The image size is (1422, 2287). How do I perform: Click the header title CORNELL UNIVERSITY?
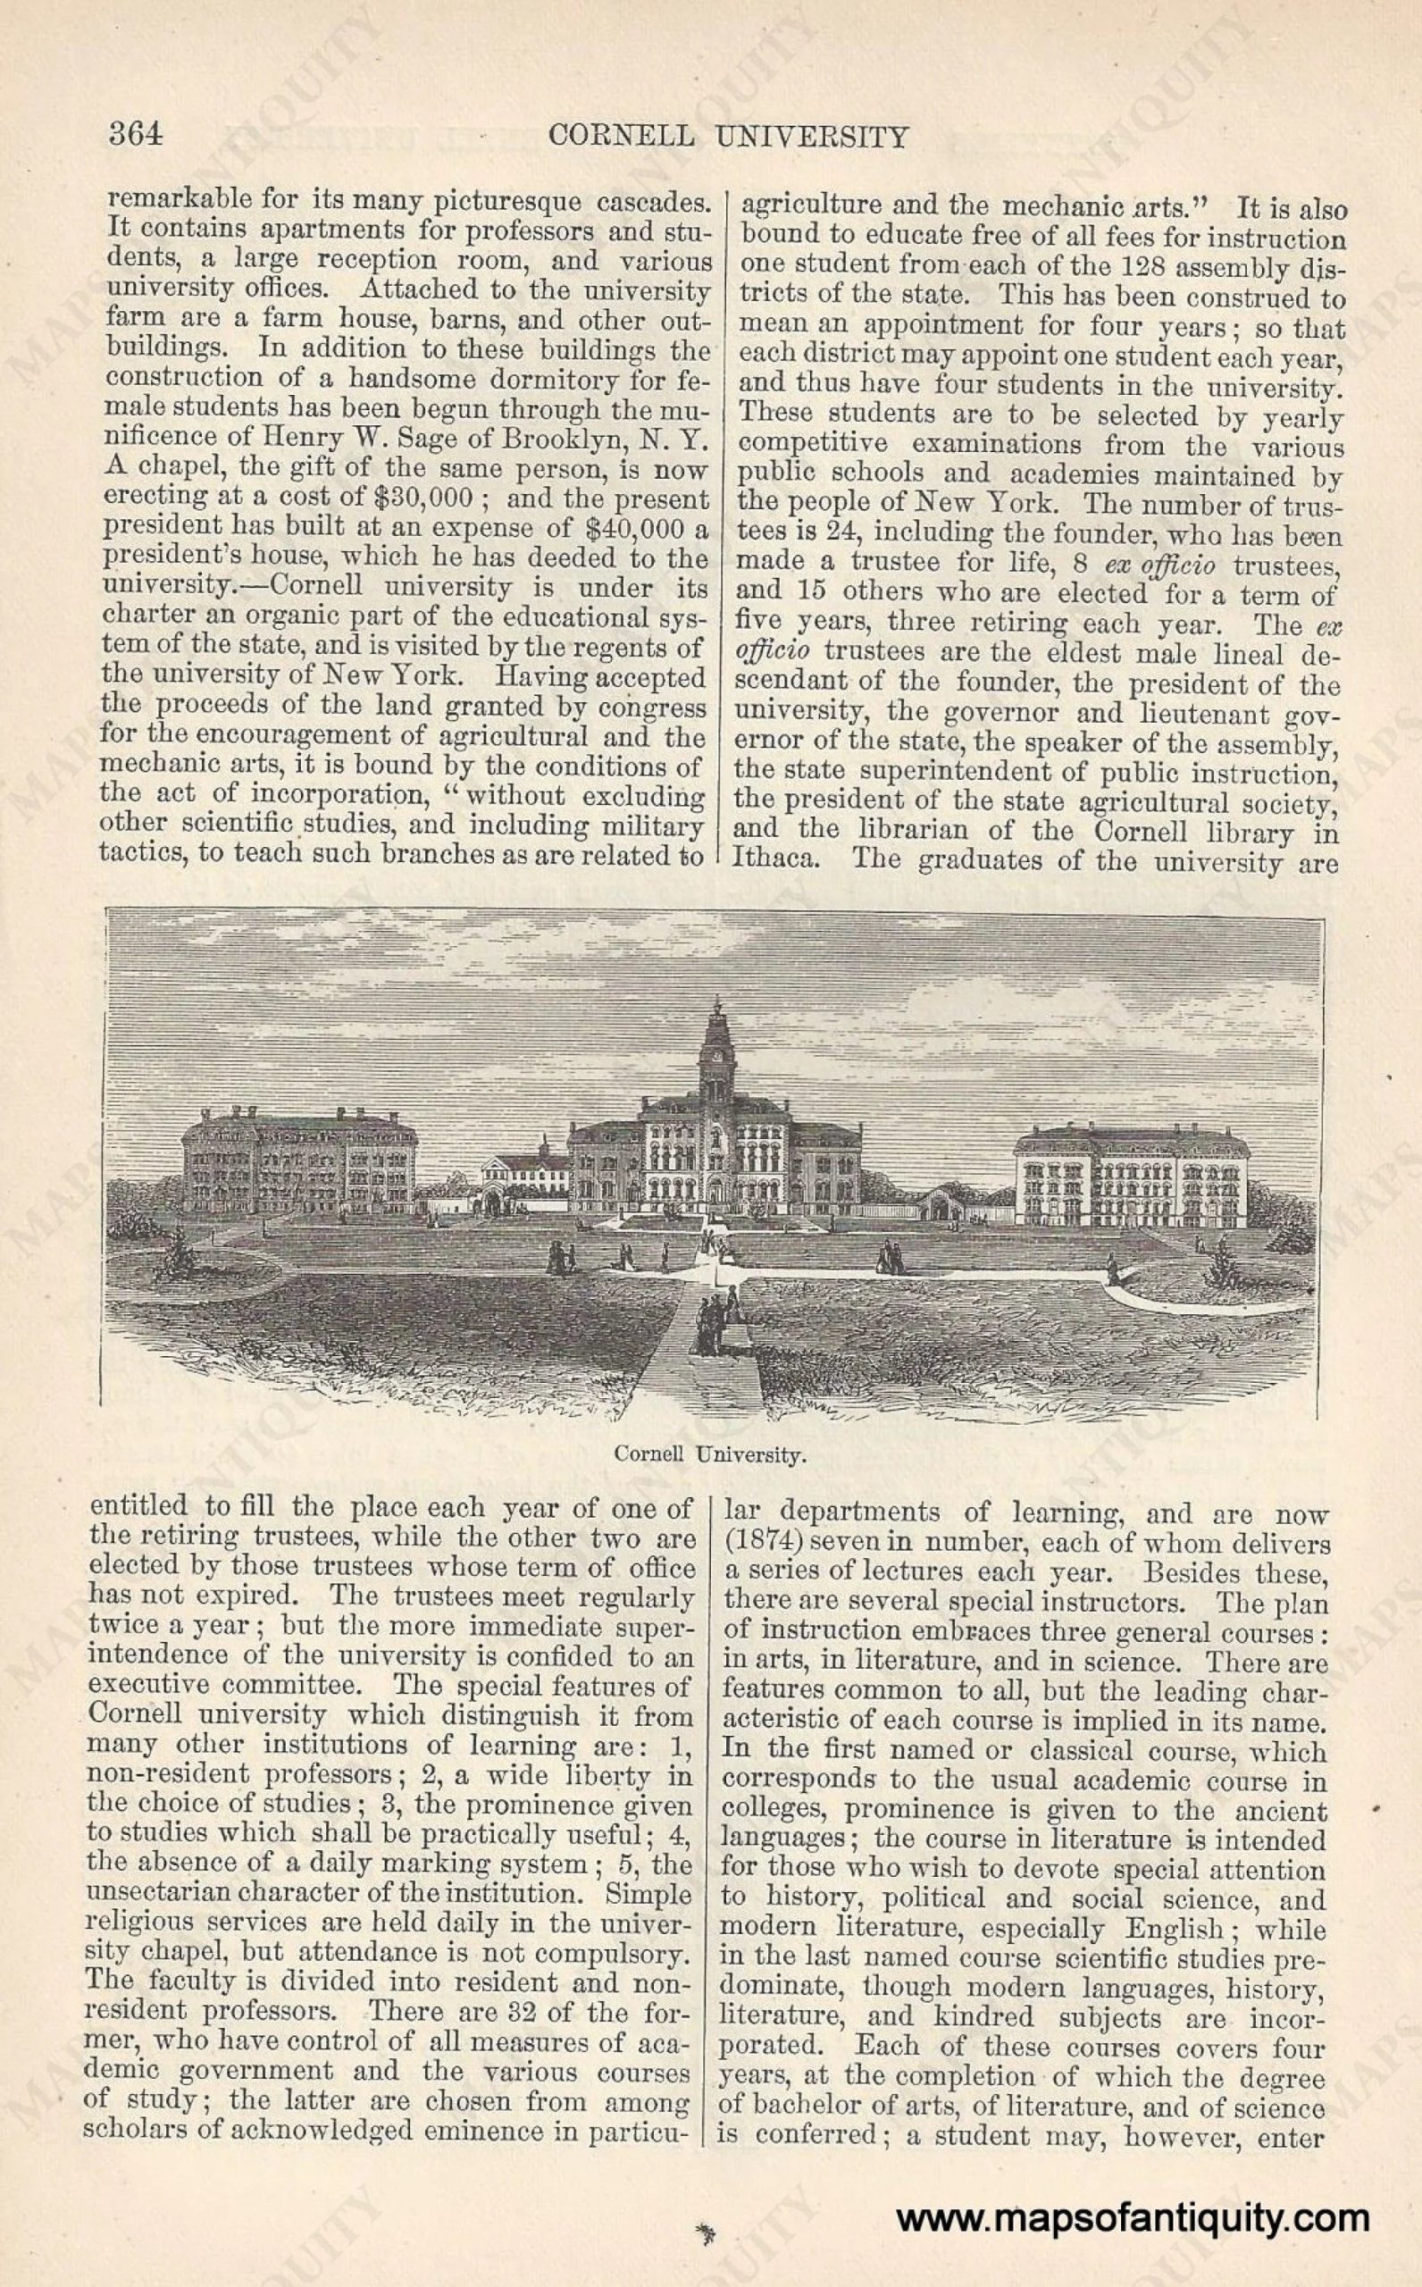(729, 138)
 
